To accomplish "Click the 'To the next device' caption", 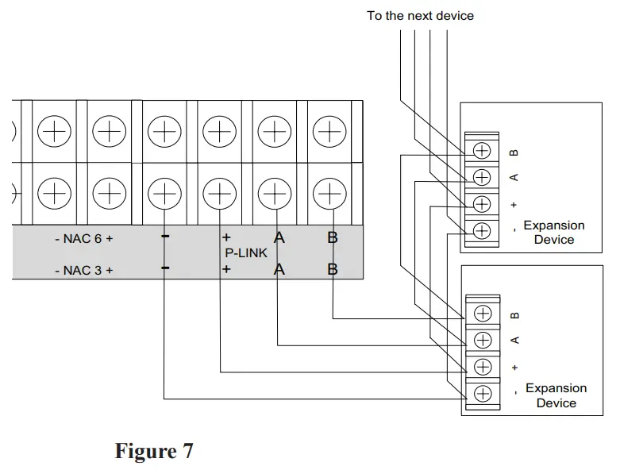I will point(420,15).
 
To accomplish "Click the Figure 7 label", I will point(154,451).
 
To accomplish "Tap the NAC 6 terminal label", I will point(83,238).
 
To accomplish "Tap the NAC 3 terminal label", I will point(83,270).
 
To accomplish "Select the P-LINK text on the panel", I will point(245,252).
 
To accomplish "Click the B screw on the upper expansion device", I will point(482,150).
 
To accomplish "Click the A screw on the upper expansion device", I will point(482,176).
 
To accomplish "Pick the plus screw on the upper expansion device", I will point(482,203).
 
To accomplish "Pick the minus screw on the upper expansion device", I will point(482,231).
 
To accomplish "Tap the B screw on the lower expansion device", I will point(483,314).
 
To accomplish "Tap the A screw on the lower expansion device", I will point(483,340).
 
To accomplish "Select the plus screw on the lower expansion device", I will point(483,366).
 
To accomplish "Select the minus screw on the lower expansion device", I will point(483,393).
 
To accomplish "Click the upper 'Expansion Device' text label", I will point(553,233).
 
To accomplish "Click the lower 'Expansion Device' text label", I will point(556,395).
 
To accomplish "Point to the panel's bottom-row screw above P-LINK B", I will point(327,191).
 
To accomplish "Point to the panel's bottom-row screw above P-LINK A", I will point(272,191).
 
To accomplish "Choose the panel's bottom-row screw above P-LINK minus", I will point(163,191).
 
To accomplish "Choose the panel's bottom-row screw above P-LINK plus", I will point(218,191).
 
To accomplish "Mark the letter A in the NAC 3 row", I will point(279,270).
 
